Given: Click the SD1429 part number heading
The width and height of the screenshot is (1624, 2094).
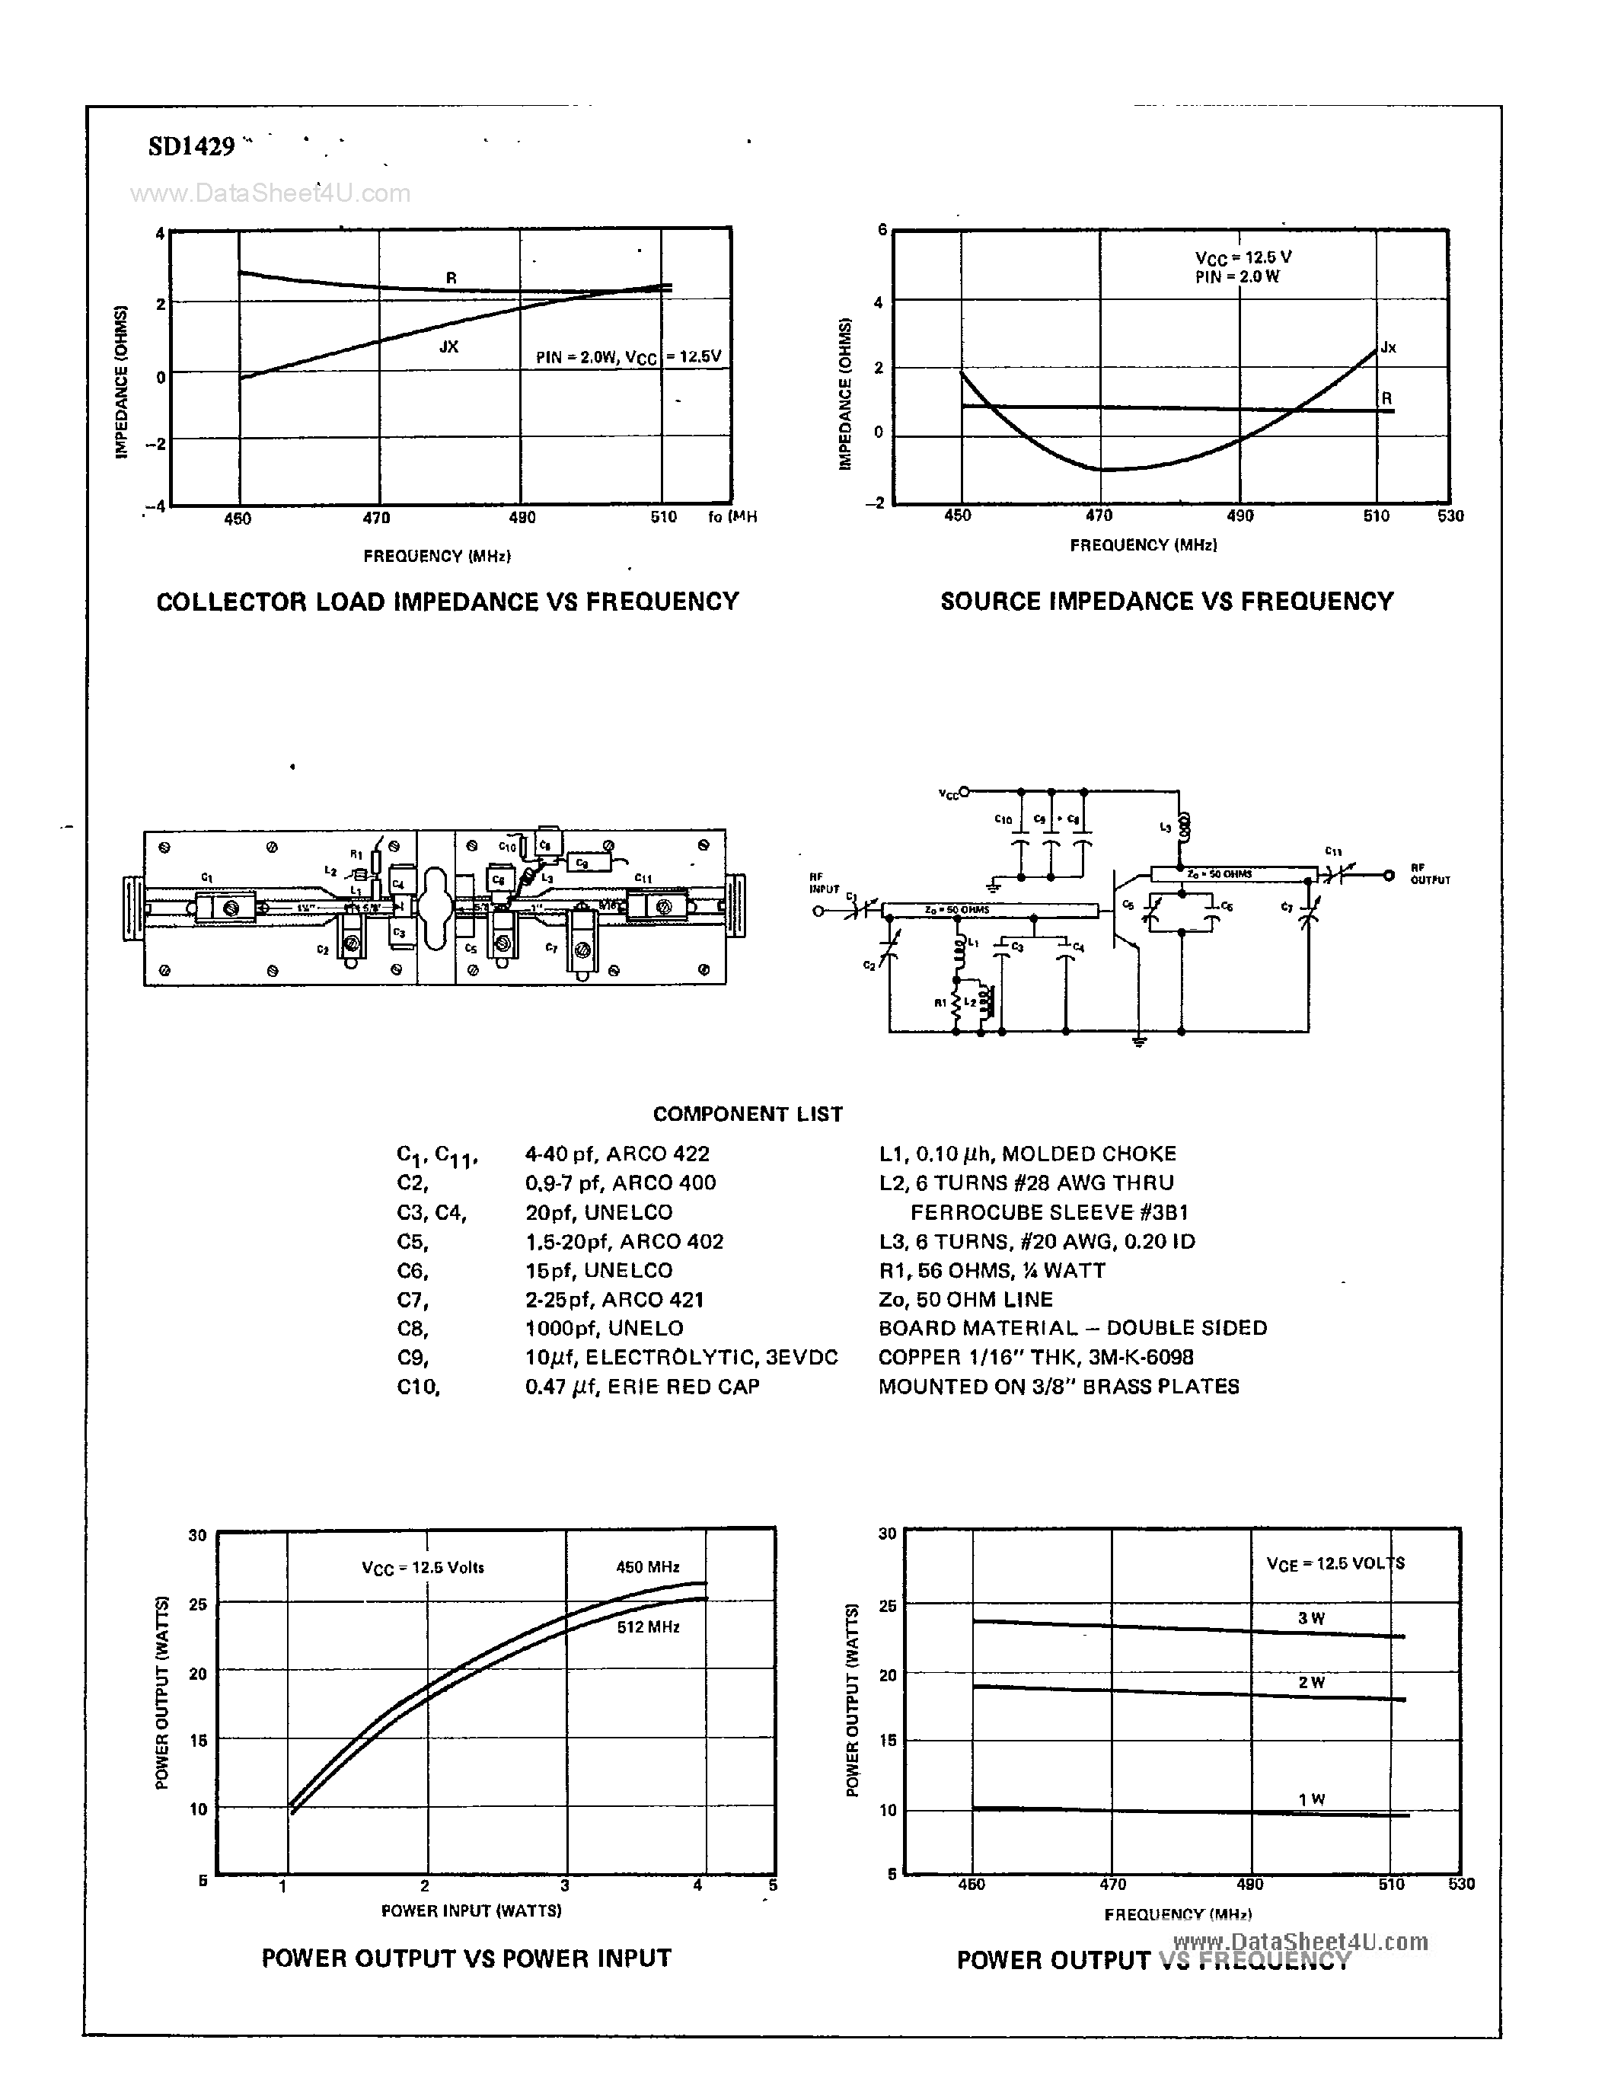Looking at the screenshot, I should (x=191, y=147).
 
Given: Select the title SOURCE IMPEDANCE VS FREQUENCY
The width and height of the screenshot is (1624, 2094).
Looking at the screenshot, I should (x=1166, y=601).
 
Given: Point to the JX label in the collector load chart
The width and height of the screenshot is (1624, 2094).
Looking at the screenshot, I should (x=448, y=346).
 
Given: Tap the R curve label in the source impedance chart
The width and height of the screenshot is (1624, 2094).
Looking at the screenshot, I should (x=1386, y=398).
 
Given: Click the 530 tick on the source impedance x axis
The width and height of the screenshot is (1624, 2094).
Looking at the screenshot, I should (x=1450, y=516).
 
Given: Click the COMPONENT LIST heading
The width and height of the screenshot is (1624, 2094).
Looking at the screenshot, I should (x=747, y=1114).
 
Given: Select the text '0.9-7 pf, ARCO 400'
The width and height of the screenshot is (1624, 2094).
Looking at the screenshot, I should (x=621, y=1183).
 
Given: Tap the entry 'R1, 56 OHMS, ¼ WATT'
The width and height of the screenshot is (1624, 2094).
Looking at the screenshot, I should (x=991, y=1270).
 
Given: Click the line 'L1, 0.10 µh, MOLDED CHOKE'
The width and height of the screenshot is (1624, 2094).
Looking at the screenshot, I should (x=1027, y=1154).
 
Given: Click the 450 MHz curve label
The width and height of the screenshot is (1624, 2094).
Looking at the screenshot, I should (x=647, y=1566).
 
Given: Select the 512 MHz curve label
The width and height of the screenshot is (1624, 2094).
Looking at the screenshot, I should (x=648, y=1627).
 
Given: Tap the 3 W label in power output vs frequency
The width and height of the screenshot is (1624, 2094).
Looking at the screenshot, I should (x=1310, y=1618).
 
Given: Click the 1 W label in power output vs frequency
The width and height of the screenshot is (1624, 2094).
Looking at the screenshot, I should (x=1310, y=1799).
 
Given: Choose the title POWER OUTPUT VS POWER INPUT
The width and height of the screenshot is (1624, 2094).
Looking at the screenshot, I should (x=466, y=1958).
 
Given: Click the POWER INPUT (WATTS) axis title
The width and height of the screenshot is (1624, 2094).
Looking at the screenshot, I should (x=471, y=1911).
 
